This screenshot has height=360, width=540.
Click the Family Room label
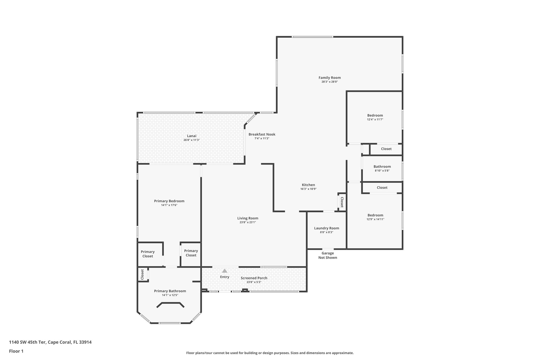click(x=330, y=78)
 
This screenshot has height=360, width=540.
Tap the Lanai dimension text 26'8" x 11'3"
click(x=191, y=140)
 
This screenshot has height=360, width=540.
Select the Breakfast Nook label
click(x=262, y=134)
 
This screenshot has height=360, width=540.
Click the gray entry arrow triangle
click(x=225, y=271)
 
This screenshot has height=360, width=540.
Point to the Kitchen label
click(x=308, y=185)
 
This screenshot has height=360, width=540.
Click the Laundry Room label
click(x=326, y=228)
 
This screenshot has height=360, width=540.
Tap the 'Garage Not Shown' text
click(x=327, y=255)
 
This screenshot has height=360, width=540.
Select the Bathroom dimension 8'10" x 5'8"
click(x=382, y=171)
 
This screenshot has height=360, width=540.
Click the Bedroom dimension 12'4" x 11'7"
click(x=375, y=119)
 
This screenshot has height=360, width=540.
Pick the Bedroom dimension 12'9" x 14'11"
click(x=375, y=219)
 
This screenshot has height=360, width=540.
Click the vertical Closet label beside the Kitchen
click(x=342, y=202)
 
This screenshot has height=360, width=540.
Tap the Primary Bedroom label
click(x=169, y=201)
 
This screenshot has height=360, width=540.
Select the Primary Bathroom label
click(x=170, y=291)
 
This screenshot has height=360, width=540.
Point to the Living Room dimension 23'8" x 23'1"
click(x=248, y=222)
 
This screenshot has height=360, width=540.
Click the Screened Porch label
click(x=254, y=278)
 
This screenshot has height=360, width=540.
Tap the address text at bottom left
click(x=50, y=342)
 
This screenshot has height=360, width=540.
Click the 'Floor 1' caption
click(x=16, y=351)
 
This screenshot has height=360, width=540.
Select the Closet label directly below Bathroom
click(x=382, y=188)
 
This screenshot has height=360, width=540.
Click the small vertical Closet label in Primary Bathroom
click(x=142, y=275)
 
